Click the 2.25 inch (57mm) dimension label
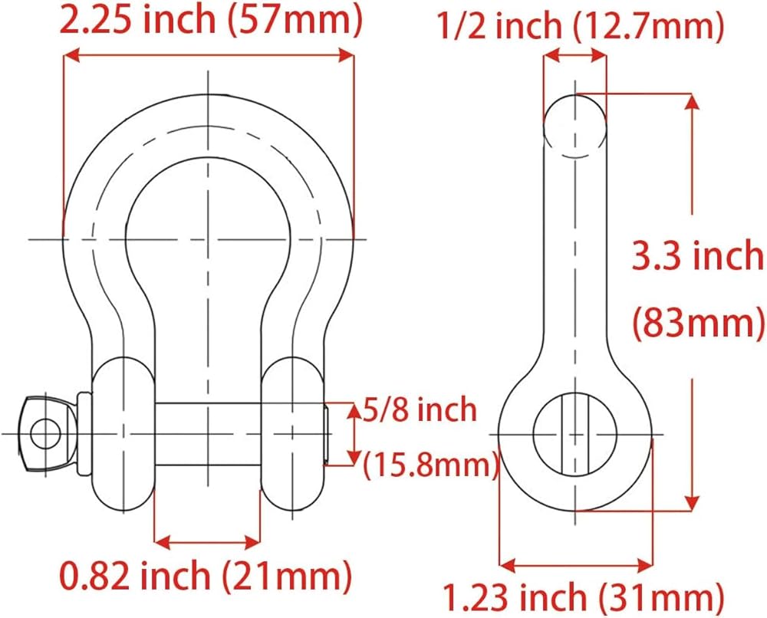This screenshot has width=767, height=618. pos(212,19)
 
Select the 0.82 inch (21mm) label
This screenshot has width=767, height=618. pos(206,577)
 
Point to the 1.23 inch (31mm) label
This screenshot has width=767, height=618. pos(583,597)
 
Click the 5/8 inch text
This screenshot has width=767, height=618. pos(420,409)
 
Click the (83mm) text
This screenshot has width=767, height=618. pos(698,323)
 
